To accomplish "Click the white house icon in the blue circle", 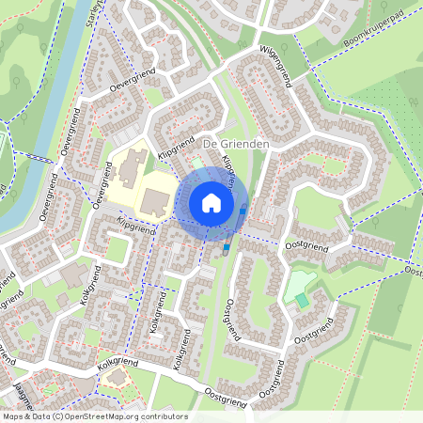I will point(211,202).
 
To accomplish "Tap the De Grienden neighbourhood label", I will point(236,143).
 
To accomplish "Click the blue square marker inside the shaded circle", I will point(243,211).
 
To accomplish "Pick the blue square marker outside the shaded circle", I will point(227,247).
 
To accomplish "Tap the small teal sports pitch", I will point(302,300).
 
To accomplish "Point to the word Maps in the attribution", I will point(13,416).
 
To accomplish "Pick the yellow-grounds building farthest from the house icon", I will point(127,165).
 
